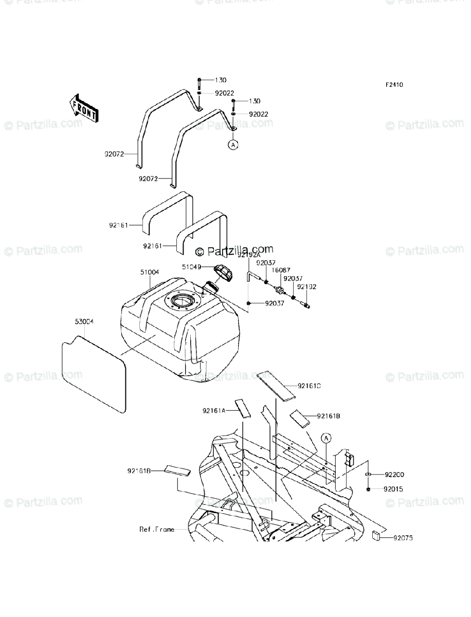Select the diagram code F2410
[x=395, y=85]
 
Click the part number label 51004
[x=150, y=272]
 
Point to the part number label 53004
[x=84, y=321]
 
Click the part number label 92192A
[x=249, y=255]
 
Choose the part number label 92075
[x=403, y=538]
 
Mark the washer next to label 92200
[x=369, y=474]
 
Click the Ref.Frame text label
[x=156, y=529]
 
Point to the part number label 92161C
[x=323, y=385]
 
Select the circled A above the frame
[x=326, y=438]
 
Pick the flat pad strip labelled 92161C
[x=277, y=386]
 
